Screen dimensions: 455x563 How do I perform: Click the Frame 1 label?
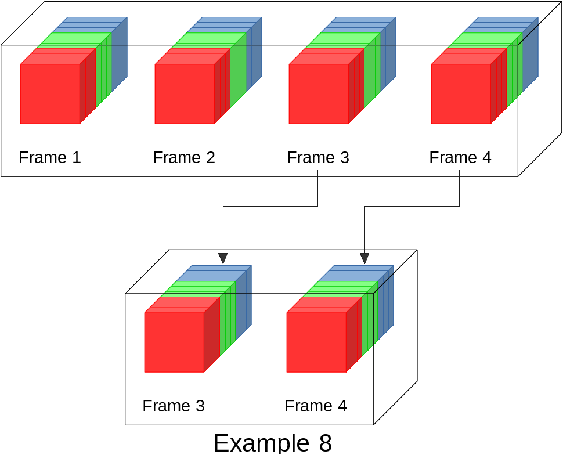[x=50, y=157]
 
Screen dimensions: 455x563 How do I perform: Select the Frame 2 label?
[x=184, y=157]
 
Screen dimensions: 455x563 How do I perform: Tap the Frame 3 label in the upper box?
[x=318, y=157]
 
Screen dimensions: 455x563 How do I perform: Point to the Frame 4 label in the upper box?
[x=460, y=157]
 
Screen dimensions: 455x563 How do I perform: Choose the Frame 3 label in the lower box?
[x=174, y=406]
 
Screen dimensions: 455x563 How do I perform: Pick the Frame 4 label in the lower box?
[x=316, y=406]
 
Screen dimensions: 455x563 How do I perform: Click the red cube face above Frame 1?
[x=50, y=93]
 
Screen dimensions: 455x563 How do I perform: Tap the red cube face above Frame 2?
[x=185, y=93]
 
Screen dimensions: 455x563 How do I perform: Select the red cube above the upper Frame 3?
[x=319, y=93]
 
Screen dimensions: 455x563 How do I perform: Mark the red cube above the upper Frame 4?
[x=461, y=93]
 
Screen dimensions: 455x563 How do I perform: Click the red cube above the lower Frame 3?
[x=174, y=342]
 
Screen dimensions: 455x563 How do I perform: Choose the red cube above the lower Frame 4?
[x=316, y=342]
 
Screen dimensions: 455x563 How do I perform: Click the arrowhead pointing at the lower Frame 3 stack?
[x=223, y=258]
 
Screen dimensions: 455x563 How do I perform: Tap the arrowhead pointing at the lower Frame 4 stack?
[x=364, y=258]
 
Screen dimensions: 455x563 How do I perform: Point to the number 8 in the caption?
[x=325, y=443]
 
